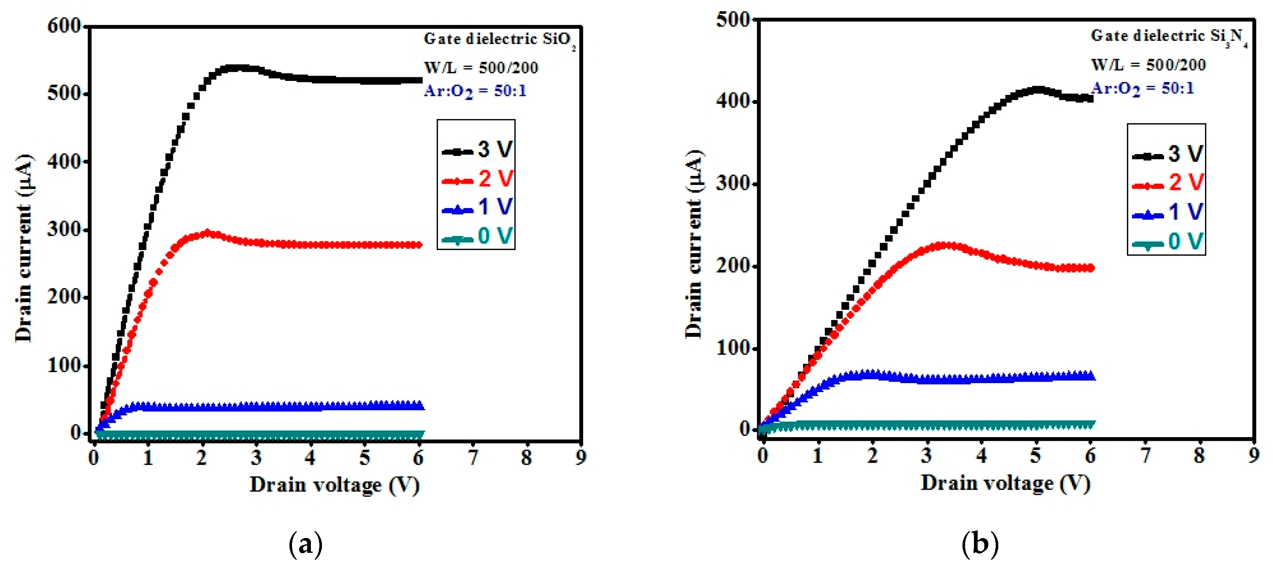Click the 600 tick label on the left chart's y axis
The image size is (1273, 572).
[x=64, y=26]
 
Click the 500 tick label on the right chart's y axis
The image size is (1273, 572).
[x=733, y=20]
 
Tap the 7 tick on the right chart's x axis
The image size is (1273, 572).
[x=1145, y=455]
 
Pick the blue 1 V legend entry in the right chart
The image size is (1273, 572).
[x=1168, y=212]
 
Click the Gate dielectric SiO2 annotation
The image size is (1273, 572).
[x=499, y=40]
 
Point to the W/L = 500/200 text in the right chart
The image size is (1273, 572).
[x=1148, y=65]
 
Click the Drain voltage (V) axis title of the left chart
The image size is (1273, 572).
[x=334, y=486]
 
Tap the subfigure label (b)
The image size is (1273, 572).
[x=980, y=544]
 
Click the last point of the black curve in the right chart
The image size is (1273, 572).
[x=1089, y=98]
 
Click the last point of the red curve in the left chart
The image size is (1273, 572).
[x=419, y=245]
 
